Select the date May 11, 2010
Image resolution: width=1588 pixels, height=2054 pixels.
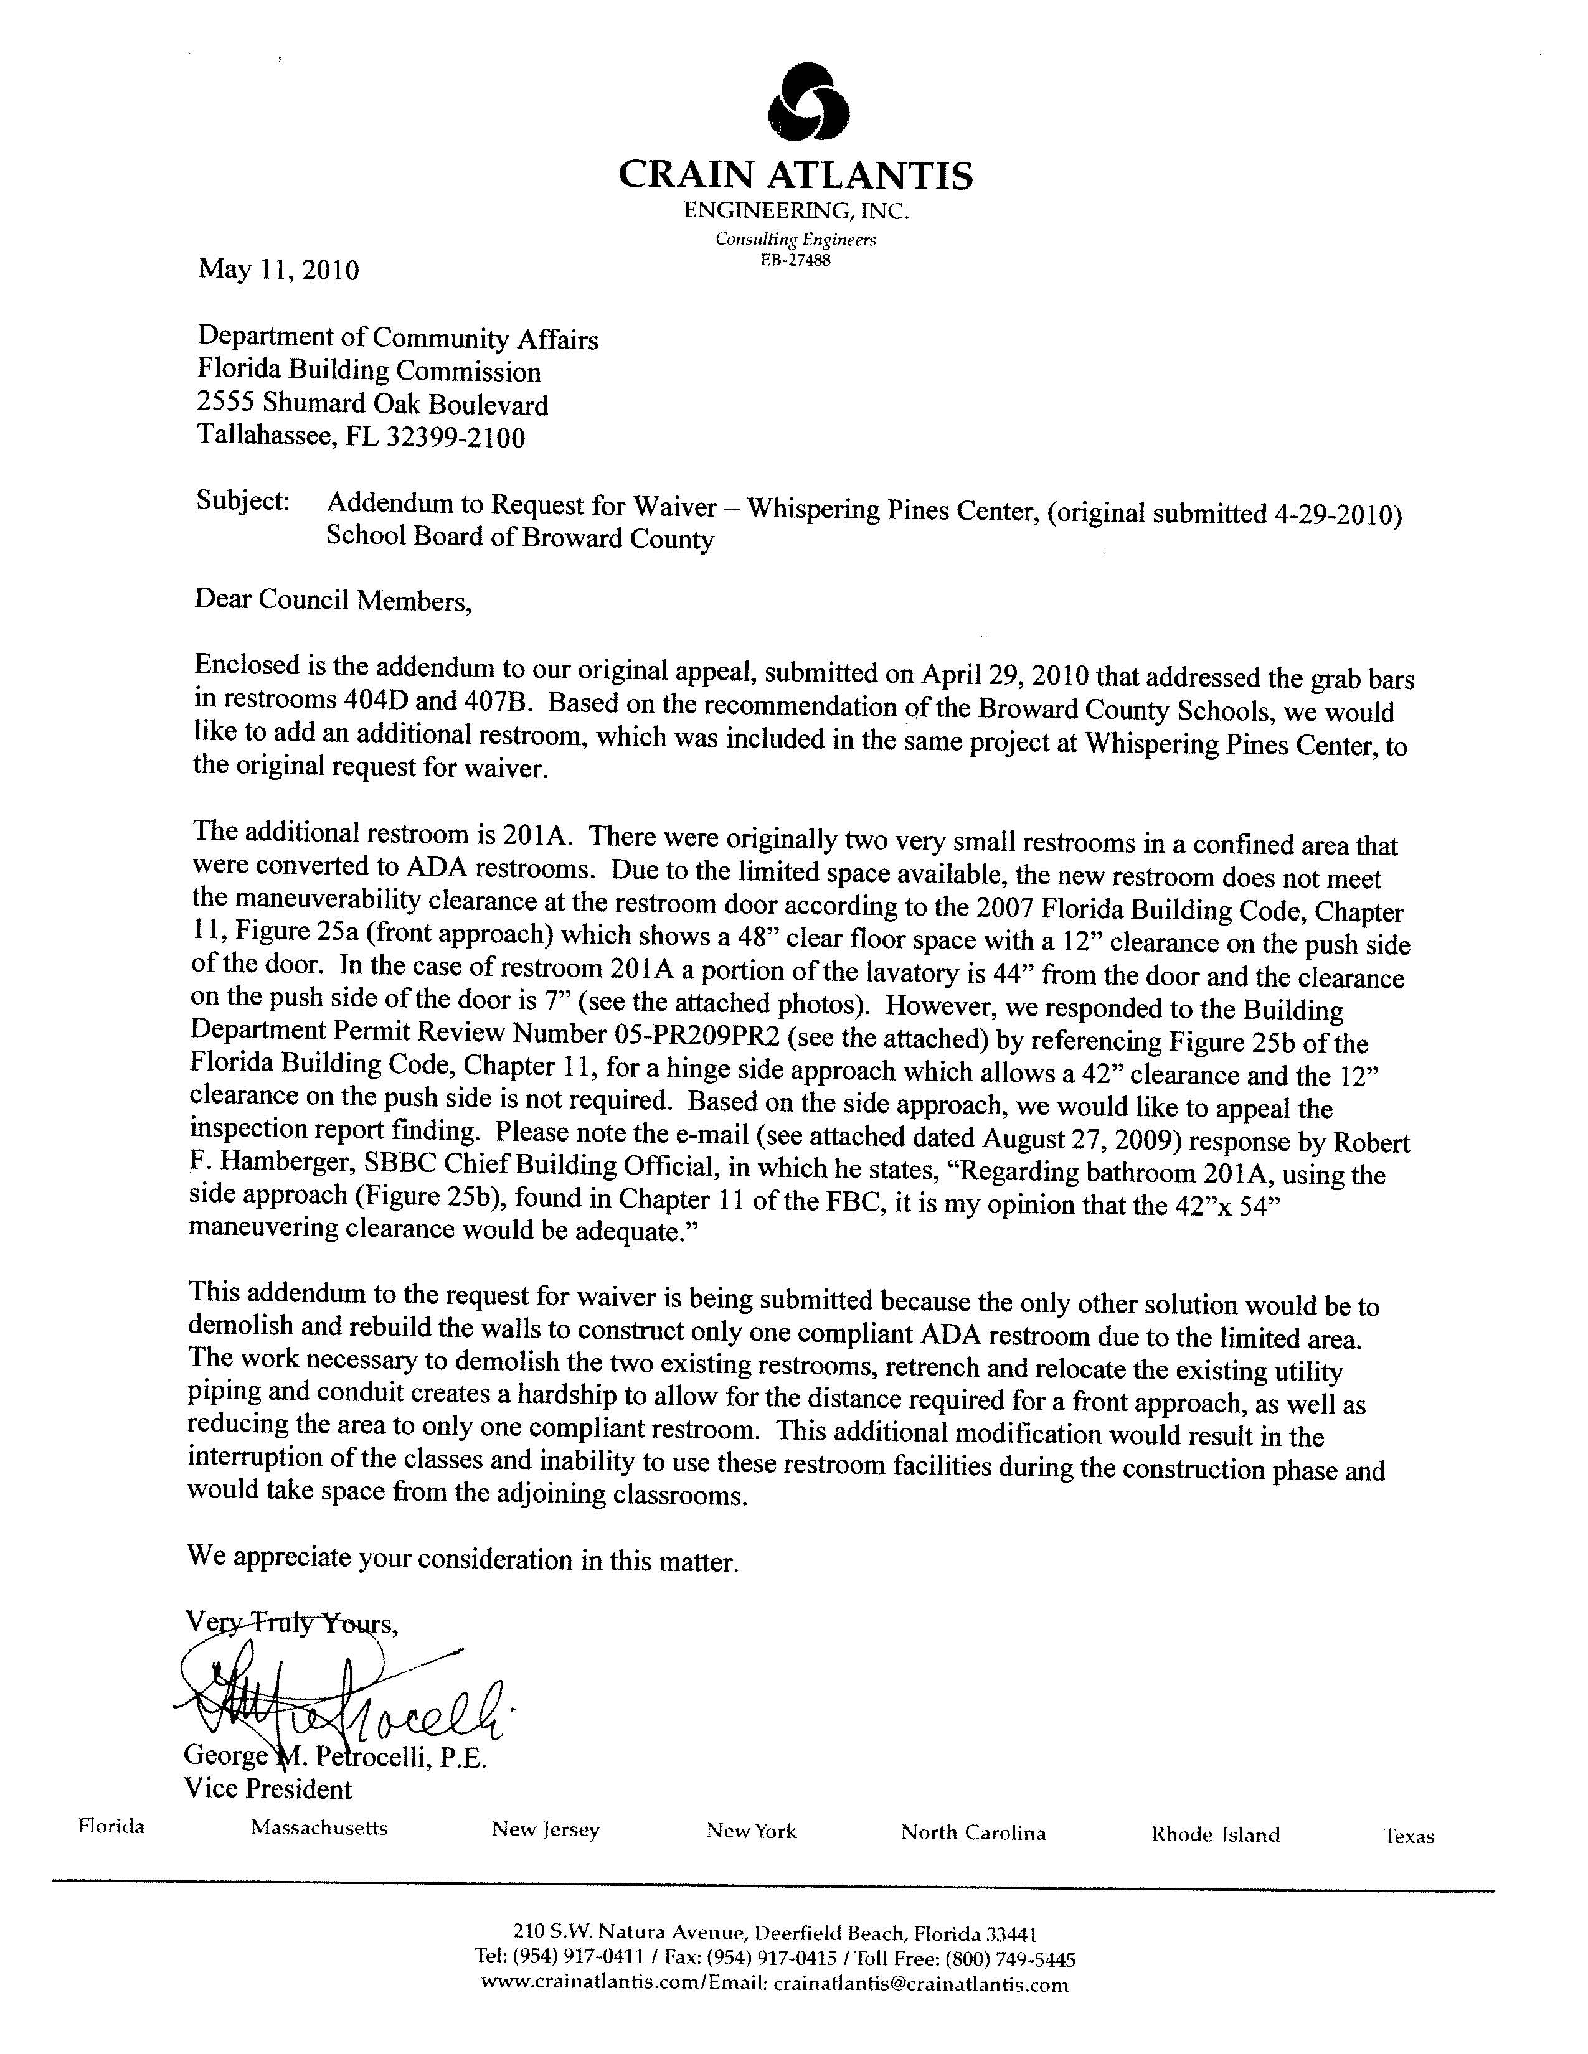pyautogui.click(x=278, y=271)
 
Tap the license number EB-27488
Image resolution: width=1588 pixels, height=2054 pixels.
pyautogui.click(x=795, y=261)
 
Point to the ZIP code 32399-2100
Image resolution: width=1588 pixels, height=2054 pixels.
pyautogui.click(x=455, y=438)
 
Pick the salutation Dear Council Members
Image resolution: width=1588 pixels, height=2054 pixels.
pyautogui.click(x=332, y=600)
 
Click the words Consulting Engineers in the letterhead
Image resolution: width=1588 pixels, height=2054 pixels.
pyautogui.click(x=795, y=240)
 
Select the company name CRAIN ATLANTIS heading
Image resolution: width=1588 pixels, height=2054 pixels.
pyautogui.click(x=795, y=175)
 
